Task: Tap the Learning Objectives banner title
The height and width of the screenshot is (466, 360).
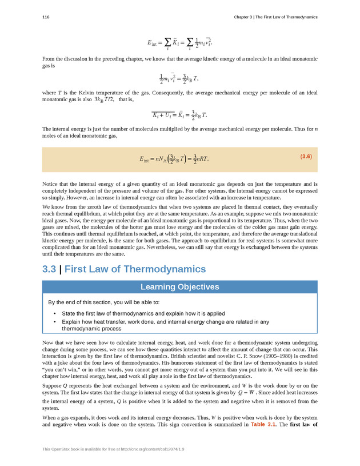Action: (180, 286)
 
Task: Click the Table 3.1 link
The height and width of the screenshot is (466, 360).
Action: (264, 425)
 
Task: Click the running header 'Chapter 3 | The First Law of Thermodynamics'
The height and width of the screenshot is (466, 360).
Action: (275, 17)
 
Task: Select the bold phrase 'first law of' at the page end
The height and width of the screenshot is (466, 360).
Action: (303, 425)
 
